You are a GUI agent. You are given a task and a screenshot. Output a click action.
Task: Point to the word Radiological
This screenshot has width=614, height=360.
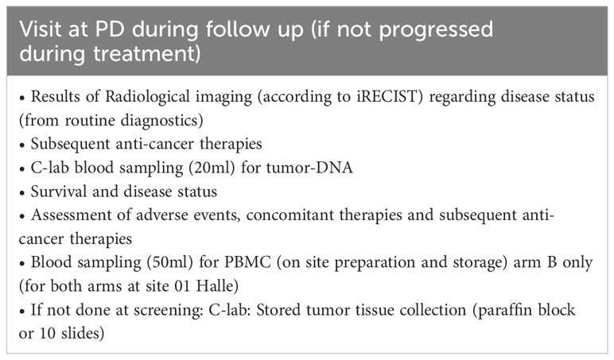(147, 97)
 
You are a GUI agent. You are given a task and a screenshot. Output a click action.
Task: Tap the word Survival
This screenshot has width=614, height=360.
(58, 192)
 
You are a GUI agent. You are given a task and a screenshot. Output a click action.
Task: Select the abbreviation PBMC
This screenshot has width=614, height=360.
(247, 262)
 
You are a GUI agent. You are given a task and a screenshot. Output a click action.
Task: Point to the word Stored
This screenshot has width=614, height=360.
(278, 310)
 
